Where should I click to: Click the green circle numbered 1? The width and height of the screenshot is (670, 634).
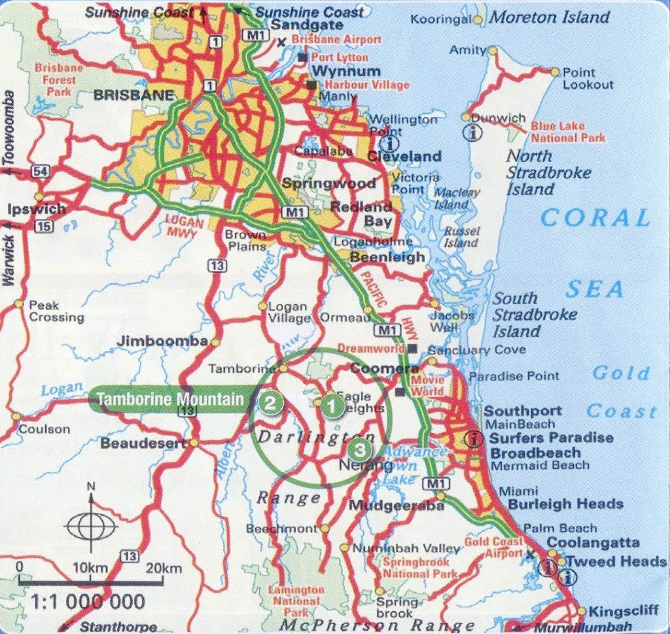point(332,406)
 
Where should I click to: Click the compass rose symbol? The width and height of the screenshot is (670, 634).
point(92,524)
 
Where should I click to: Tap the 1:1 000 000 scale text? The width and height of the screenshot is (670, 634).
point(87,601)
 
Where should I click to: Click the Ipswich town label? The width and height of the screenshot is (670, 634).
point(37,210)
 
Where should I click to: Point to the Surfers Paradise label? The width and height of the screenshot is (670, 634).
point(551,438)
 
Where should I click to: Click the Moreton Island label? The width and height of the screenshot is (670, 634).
point(550,18)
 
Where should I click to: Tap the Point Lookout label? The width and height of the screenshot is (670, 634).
point(588,79)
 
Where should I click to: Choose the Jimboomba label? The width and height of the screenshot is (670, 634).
point(162,341)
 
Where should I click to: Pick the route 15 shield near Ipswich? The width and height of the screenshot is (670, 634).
point(44,226)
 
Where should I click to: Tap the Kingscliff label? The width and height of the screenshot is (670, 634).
point(623,612)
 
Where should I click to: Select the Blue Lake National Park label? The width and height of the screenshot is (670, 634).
point(567,132)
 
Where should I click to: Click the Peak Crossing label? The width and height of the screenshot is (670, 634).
point(56,311)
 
